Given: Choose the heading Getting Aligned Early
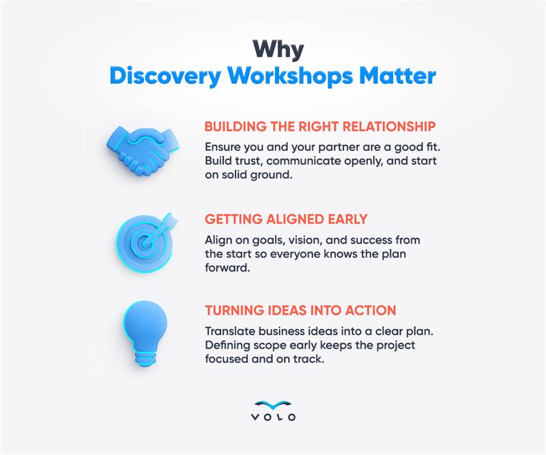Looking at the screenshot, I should click(x=287, y=220).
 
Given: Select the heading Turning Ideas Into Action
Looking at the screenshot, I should click(x=300, y=310).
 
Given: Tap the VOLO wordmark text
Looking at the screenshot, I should click(x=273, y=417).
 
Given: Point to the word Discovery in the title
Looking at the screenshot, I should click(x=165, y=76).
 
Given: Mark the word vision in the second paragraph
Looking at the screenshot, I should click(x=288, y=239).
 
